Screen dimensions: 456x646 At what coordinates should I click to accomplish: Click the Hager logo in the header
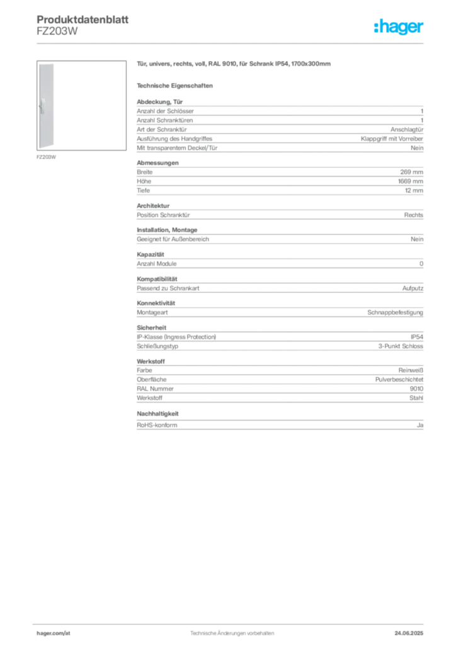pos(398,26)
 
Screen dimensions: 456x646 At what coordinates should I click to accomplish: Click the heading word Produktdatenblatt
pos(83,20)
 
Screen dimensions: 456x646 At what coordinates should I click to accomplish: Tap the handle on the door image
pos(42,106)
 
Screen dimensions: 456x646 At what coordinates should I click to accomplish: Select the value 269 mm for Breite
pos(411,172)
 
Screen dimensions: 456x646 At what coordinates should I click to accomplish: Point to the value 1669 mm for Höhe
pos(411,181)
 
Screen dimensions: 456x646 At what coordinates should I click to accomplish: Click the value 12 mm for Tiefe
pos(414,191)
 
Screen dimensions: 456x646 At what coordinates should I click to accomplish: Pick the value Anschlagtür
pos(407,129)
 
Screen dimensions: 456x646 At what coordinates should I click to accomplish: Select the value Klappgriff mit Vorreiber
pos(392,139)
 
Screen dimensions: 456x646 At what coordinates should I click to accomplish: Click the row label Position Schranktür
pos(163,215)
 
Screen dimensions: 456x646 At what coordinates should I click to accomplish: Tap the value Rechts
pos(414,215)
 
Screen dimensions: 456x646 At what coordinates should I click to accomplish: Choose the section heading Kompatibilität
pos(157,279)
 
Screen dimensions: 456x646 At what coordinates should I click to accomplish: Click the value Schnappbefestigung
pos(395,312)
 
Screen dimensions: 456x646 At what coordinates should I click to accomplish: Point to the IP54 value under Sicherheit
pos(416,337)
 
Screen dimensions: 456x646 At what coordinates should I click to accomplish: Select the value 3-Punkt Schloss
pos(401,346)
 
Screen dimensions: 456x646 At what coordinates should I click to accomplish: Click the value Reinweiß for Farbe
pos(411,370)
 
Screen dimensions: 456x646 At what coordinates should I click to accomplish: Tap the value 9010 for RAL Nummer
pos(416,389)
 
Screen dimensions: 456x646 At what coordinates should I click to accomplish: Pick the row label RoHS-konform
pos(157,425)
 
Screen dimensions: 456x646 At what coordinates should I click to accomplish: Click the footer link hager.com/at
pos(54,633)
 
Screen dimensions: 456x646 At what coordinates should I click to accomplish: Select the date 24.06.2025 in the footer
pos(409,633)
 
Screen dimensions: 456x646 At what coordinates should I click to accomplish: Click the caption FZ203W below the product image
pos(46,157)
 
